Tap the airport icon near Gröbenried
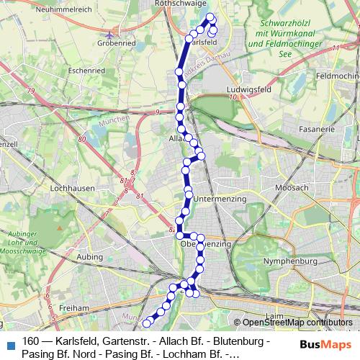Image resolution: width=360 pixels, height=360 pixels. (109, 34)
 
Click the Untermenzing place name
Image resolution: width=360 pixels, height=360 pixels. (220, 198)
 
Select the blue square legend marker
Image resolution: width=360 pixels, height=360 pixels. (9, 343)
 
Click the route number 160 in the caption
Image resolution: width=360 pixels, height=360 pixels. (31, 341)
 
